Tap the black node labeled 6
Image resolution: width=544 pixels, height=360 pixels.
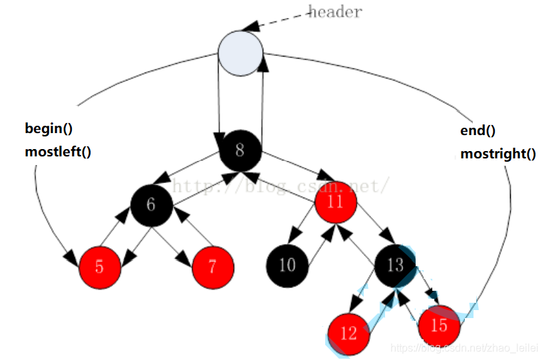(x=151, y=204)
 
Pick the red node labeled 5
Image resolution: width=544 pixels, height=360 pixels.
(x=100, y=267)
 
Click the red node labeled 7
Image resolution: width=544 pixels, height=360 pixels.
(x=213, y=267)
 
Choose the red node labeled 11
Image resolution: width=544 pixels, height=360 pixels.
(x=335, y=201)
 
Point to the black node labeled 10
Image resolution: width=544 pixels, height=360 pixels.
(x=287, y=265)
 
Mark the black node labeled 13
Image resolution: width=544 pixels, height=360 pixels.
(x=395, y=265)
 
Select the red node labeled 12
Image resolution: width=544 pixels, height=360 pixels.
(x=348, y=332)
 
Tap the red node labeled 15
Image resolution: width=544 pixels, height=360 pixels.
(x=439, y=326)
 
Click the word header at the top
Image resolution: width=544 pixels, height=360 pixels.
(x=335, y=11)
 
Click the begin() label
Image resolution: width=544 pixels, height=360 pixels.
(x=49, y=129)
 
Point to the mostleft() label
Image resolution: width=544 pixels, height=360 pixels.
(x=58, y=151)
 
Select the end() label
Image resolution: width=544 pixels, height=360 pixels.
(x=477, y=130)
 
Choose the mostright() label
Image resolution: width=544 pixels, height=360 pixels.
(x=497, y=154)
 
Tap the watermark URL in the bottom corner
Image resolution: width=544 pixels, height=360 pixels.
(x=465, y=348)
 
